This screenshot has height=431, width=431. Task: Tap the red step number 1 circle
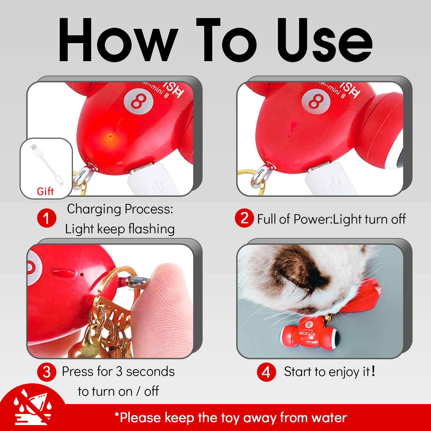click(47, 218)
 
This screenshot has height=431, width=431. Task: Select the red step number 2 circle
click(244, 218)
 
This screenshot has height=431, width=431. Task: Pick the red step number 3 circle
click(47, 372)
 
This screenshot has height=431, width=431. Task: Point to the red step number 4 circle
click(266, 372)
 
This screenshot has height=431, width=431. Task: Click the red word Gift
click(45, 191)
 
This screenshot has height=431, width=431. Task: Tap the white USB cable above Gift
click(46, 163)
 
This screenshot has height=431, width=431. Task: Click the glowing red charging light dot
click(110, 136)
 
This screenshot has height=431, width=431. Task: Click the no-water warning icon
click(32, 407)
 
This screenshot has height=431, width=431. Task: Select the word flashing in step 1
click(151, 229)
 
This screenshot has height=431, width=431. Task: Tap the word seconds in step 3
click(150, 372)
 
